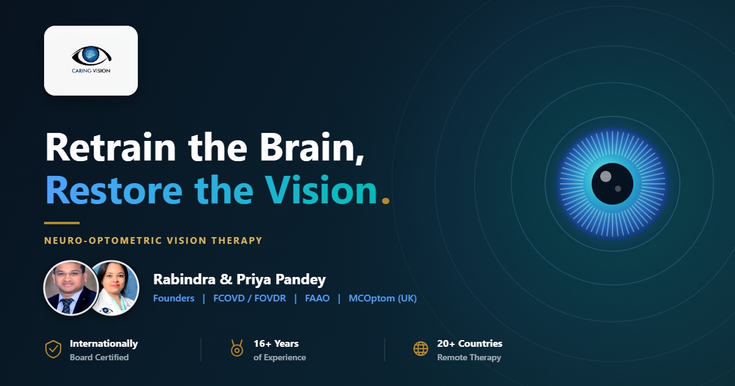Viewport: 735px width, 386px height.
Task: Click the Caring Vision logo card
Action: tap(91, 61)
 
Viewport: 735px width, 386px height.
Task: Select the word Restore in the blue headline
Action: tap(113, 190)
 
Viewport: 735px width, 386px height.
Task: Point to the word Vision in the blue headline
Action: tap(321, 190)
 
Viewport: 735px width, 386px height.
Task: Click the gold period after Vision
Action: tap(385, 200)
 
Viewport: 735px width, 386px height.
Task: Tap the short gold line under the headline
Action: tap(62, 223)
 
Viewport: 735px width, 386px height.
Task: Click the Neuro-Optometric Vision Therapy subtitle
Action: tap(153, 241)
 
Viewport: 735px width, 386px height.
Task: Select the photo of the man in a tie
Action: tap(71, 288)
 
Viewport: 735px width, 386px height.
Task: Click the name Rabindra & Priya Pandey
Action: tap(239, 279)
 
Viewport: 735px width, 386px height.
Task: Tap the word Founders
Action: tap(173, 298)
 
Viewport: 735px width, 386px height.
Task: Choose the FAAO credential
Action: tap(317, 298)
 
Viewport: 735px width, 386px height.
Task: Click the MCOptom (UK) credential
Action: tap(383, 298)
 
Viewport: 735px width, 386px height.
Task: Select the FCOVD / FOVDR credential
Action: tap(250, 298)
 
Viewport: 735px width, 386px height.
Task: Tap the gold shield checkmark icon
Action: tap(53, 349)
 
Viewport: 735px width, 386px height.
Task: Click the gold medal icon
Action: tap(237, 348)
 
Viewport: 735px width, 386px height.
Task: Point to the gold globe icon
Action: tap(421, 349)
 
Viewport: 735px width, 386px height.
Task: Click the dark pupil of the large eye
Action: tap(612, 184)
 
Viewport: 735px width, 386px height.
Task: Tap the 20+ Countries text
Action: tap(470, 344)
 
